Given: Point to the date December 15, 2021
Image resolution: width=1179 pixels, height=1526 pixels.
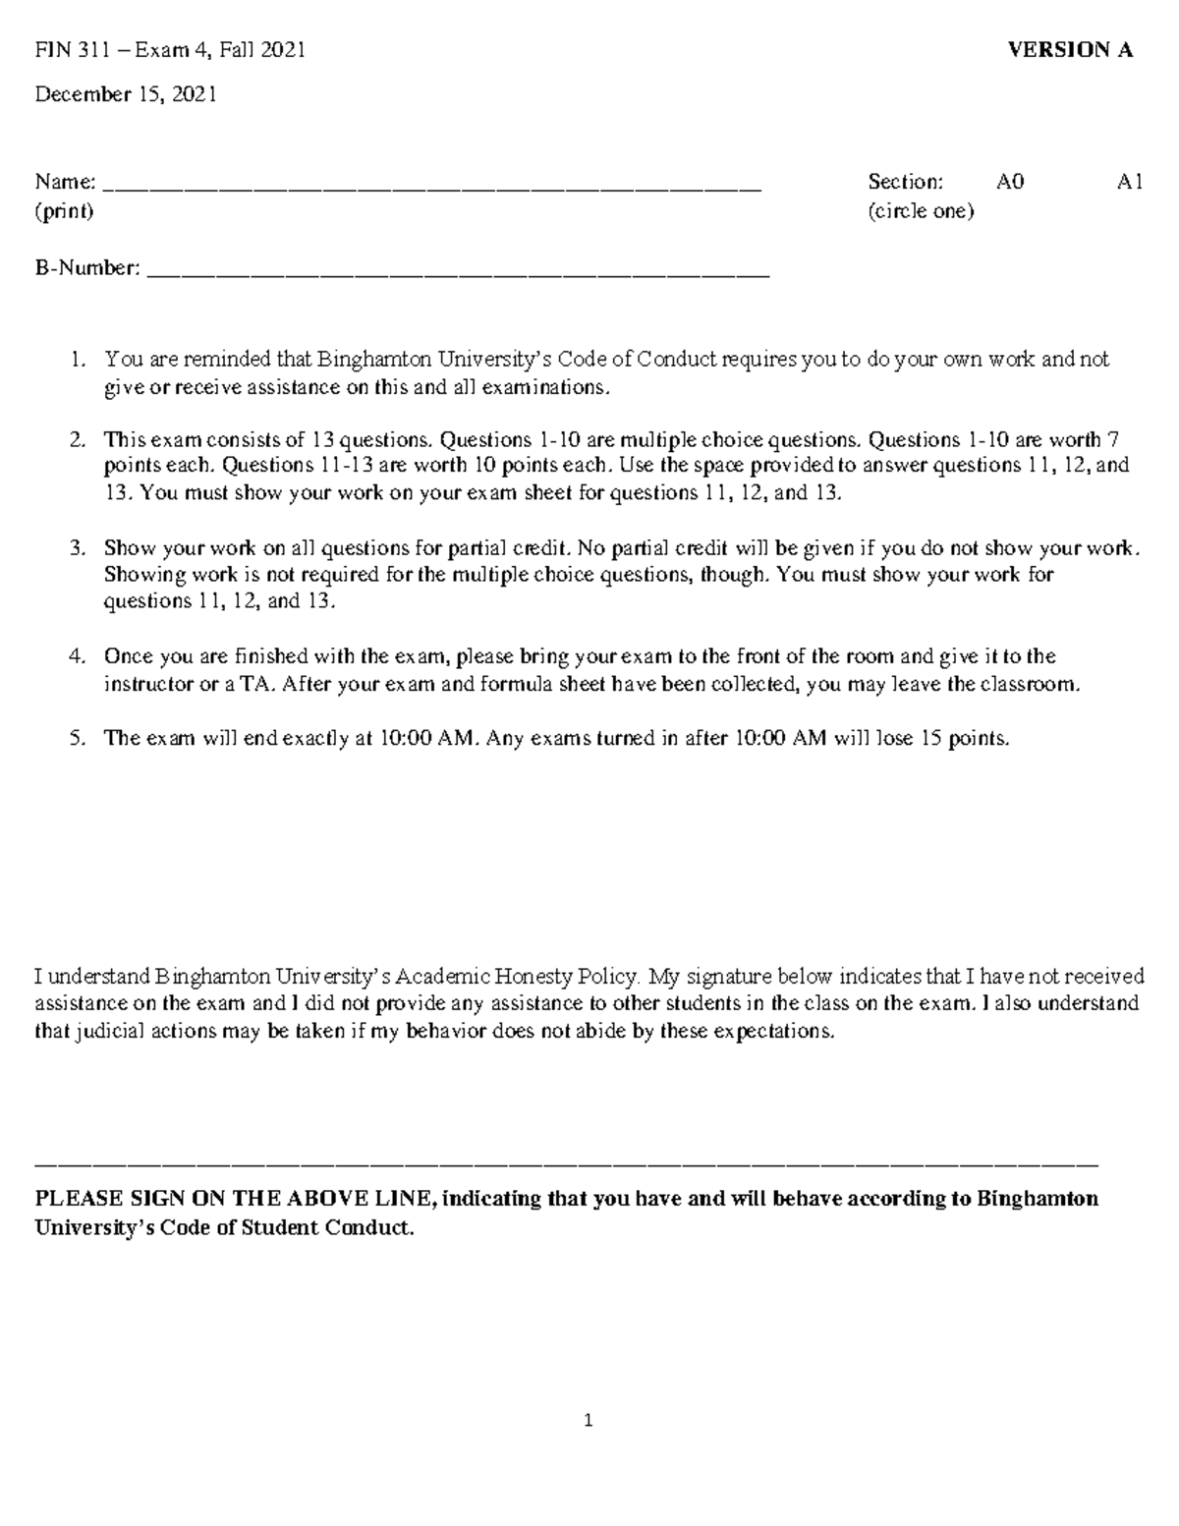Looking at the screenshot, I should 126,94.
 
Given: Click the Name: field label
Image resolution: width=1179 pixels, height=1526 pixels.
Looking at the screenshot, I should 66,182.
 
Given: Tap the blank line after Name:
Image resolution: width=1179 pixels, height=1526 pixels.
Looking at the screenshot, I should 432,187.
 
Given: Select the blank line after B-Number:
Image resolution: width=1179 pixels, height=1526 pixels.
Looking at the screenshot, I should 458,274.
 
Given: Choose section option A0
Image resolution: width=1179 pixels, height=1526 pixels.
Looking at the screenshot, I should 1010,182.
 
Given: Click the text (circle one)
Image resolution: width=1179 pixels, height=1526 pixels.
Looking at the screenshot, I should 921,211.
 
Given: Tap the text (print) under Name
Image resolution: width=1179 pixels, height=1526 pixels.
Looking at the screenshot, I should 64,211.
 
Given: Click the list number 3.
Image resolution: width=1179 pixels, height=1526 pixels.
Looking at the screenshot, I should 77,547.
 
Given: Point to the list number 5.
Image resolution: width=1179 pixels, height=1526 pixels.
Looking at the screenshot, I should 77,739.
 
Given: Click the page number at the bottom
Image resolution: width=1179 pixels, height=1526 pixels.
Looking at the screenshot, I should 589,1420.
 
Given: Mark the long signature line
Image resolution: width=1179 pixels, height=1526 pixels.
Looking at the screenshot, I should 566,1164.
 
